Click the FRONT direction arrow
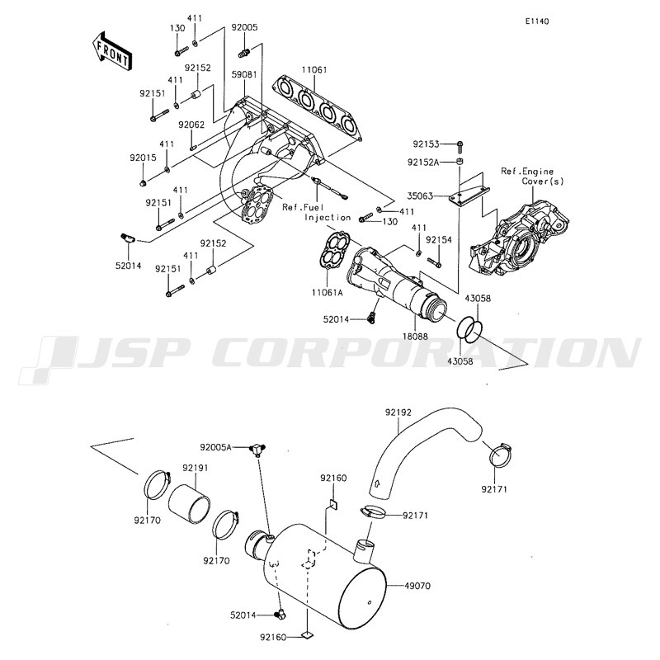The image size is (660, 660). pos(111,50)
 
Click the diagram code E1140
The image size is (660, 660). pos(537,21)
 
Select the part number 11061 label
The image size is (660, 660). pos(314,70)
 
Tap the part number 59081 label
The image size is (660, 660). pos(244,74)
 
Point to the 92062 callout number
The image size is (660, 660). pos(191,125)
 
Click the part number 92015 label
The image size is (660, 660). pos(143,158)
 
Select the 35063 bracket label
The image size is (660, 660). pos(420,196)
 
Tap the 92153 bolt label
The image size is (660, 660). pos(426,144)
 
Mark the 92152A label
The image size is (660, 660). pos(423,162)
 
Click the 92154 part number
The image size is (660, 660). pos(439,240)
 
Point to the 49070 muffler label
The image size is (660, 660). pos(417,586)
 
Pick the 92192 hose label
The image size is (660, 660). pos(398,412)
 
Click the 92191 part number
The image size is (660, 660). pos(196,468)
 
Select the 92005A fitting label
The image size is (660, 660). pos(216,447)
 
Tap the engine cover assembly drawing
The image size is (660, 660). pos(519,240)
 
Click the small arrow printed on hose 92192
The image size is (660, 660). pos(378,483)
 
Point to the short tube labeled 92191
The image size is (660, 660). pos(190,505)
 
